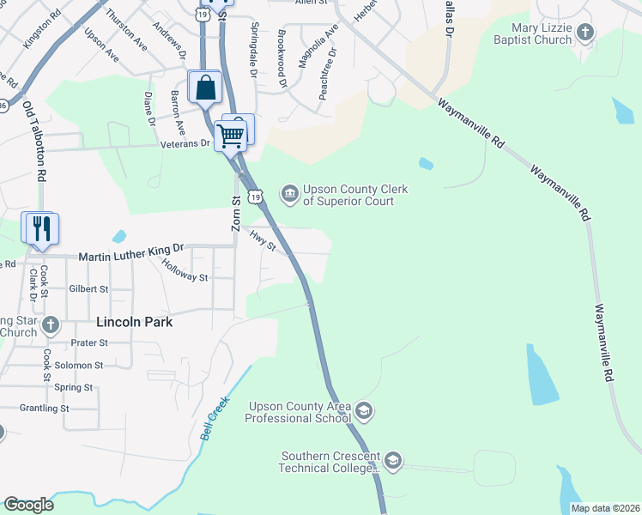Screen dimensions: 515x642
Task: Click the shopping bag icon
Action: (x=205, y=88)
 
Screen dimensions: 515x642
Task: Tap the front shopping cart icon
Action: (x=230, y=135)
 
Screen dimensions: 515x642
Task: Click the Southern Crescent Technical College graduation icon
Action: (x=393, y=462)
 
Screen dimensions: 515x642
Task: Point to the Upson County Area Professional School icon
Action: (x=364, y=412)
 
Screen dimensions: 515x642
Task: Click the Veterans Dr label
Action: (x=185, y=143)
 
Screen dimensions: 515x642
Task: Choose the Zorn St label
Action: (x=236, y=212)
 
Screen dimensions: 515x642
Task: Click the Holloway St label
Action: (x=185, y=270)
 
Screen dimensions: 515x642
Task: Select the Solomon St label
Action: (x=78, y=365)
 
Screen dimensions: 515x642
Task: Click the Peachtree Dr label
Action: (x=326, y=75)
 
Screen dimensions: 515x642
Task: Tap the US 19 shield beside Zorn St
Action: (x=256, y=197)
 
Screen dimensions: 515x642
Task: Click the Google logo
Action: (x=28, y=505)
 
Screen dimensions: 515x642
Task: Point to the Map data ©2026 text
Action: (x=604, y=508)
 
